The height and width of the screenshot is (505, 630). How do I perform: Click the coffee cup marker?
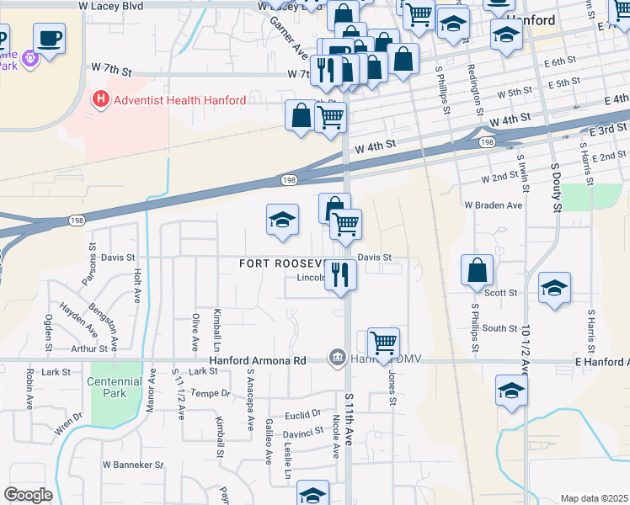(49, 39)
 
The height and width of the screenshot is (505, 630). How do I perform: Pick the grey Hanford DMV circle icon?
(338, 358)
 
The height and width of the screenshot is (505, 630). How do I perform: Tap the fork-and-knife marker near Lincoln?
(340, 275)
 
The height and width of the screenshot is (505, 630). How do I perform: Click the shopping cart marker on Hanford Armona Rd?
(383, 343)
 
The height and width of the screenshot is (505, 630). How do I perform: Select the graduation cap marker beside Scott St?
(554, 288)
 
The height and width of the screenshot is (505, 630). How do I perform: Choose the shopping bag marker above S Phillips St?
(477, 270)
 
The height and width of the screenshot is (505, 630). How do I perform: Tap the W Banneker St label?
(133, 465)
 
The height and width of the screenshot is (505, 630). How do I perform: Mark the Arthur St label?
(90, 348)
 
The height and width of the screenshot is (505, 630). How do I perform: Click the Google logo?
(28, 495)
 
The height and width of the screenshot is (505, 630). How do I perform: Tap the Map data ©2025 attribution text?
(593, 498)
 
